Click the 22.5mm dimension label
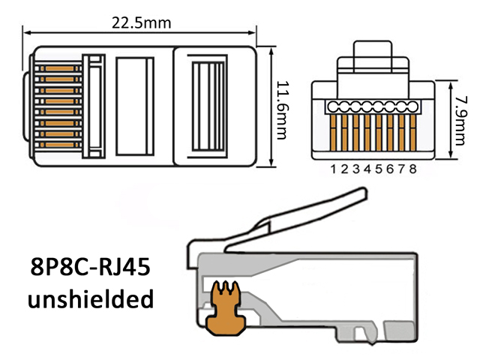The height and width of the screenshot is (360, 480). (141, 23)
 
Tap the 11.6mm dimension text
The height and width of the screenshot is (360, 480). (283, 110)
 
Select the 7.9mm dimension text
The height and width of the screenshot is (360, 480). (460, 120)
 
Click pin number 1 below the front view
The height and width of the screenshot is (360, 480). (334, 169)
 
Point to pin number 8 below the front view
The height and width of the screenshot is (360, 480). (412, 169)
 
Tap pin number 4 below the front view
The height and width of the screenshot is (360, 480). (367, 169)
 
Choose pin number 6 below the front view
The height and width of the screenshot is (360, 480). (390, 169)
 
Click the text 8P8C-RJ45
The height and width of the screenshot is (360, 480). (91, 267)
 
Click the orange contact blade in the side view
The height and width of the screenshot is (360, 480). (226, 309)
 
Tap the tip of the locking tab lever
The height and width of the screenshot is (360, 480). (364, 193)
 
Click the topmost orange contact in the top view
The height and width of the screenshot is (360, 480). (59, 68)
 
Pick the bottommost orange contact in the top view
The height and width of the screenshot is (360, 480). (59, 145)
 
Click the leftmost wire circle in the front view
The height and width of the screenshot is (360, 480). (333, 107)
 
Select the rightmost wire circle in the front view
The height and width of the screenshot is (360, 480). (412, 107)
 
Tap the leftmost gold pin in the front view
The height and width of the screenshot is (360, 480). (333, 133)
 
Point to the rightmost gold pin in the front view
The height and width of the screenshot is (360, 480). (413, 133)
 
